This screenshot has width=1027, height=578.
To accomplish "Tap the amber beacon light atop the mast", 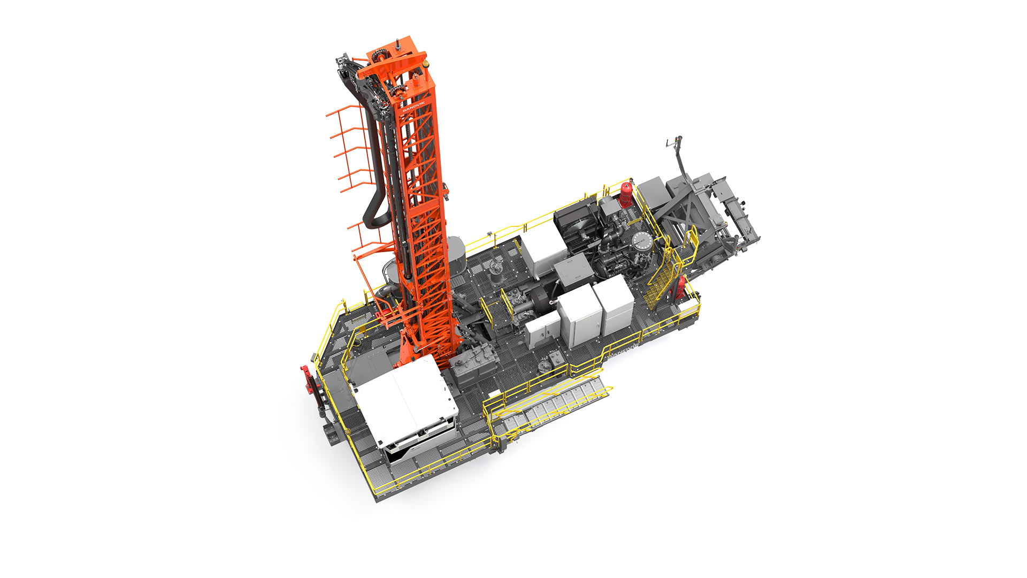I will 426,63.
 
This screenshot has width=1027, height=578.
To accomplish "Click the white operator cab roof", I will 407,399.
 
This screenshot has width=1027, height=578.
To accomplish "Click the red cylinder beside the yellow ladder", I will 680,288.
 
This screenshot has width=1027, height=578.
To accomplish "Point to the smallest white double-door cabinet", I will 542,329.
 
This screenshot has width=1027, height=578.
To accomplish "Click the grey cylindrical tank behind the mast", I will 456,252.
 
